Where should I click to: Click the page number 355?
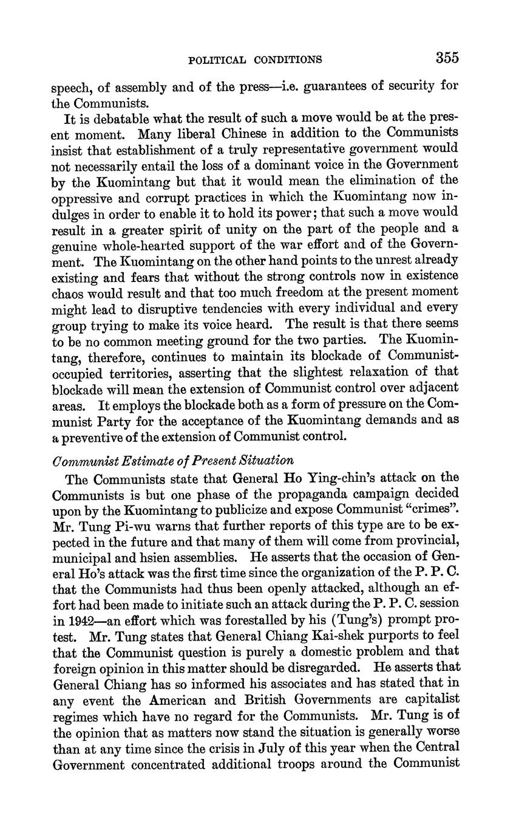[x=447, y=58]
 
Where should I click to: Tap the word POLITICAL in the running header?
[x=217, y=60]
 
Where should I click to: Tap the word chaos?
[x=67, y=292]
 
